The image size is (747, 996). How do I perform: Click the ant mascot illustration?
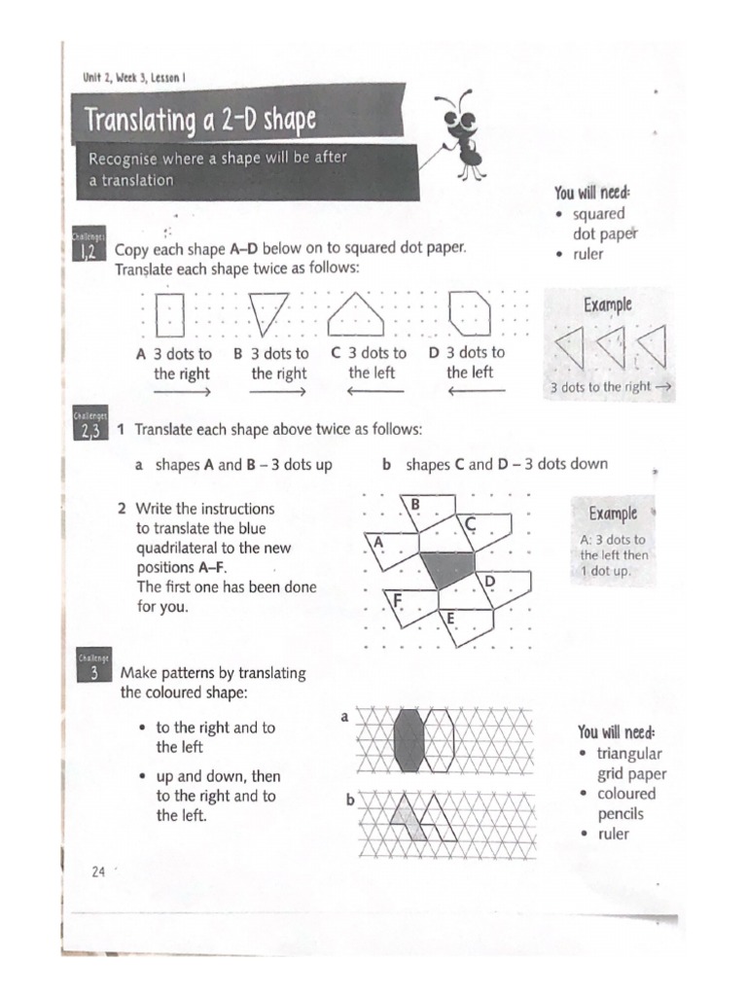pos(464,134)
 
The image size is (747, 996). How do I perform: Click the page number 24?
pos(97,871)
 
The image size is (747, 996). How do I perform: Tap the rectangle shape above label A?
pos(170,313)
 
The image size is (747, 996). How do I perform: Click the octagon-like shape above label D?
pos(470,312)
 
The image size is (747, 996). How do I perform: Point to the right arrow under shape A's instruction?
pos(181,392)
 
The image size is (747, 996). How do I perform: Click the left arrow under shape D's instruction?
pos(476,392)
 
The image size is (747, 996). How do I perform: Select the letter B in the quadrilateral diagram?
pos(414,504)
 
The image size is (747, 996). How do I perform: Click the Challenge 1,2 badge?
pos(86,249)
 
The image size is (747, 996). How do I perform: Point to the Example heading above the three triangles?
pos(607,304)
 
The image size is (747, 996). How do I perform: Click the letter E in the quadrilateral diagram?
pos(449,618)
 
